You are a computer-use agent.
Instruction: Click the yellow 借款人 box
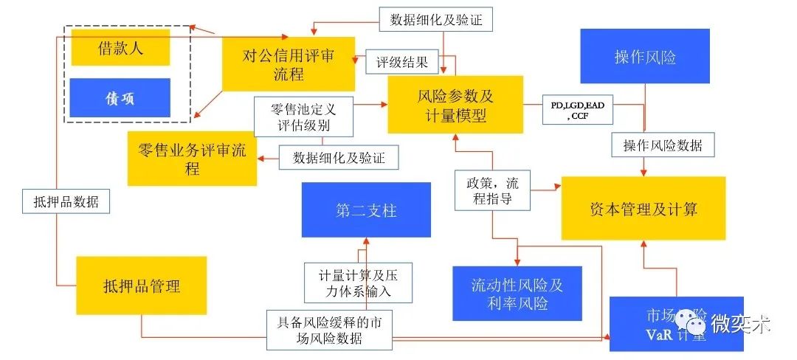121,48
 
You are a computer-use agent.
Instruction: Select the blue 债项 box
121,99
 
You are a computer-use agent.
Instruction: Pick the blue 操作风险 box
645,57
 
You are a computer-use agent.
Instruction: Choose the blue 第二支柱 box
366,211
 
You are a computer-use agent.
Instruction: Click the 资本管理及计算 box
644,208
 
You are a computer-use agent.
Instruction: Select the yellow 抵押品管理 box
142,285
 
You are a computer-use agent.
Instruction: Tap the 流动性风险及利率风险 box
517,294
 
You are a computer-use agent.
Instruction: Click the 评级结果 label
402,62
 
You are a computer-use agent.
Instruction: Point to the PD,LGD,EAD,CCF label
577,111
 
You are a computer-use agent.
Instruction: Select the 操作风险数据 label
663,145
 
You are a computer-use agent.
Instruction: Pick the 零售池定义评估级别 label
303,117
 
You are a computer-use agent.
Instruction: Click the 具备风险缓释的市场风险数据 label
330,330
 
